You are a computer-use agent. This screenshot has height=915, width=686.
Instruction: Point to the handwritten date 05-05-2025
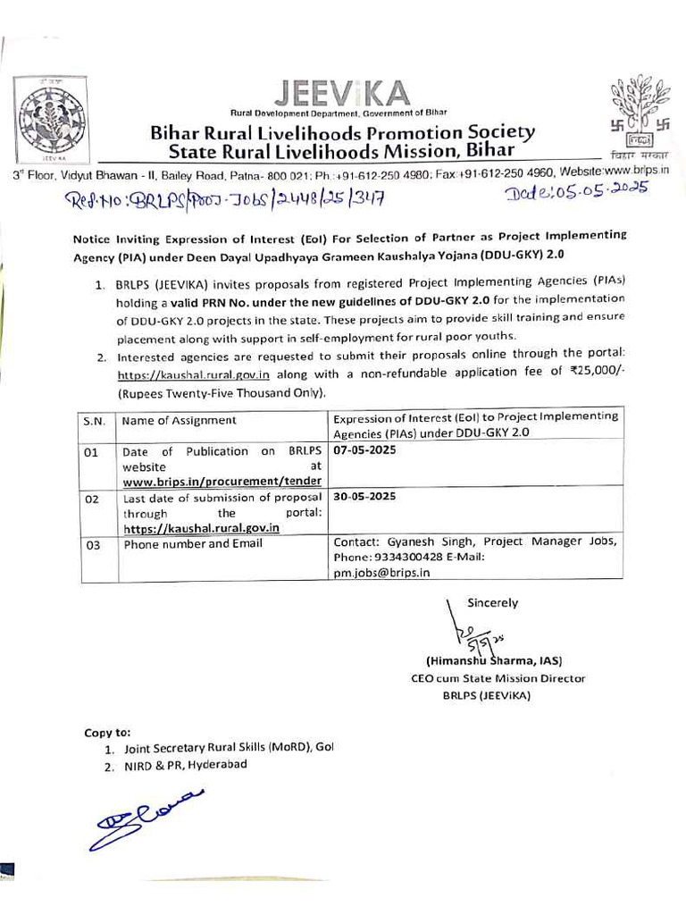[x=577, y=193]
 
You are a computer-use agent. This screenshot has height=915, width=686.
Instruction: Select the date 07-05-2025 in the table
[x=364, y=450]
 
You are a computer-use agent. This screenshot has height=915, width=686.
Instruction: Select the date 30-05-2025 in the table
[x=364, y=496]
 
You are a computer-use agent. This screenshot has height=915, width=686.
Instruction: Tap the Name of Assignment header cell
[x=179, y=420]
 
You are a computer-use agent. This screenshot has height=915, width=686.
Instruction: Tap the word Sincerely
[x=492, y=603]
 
